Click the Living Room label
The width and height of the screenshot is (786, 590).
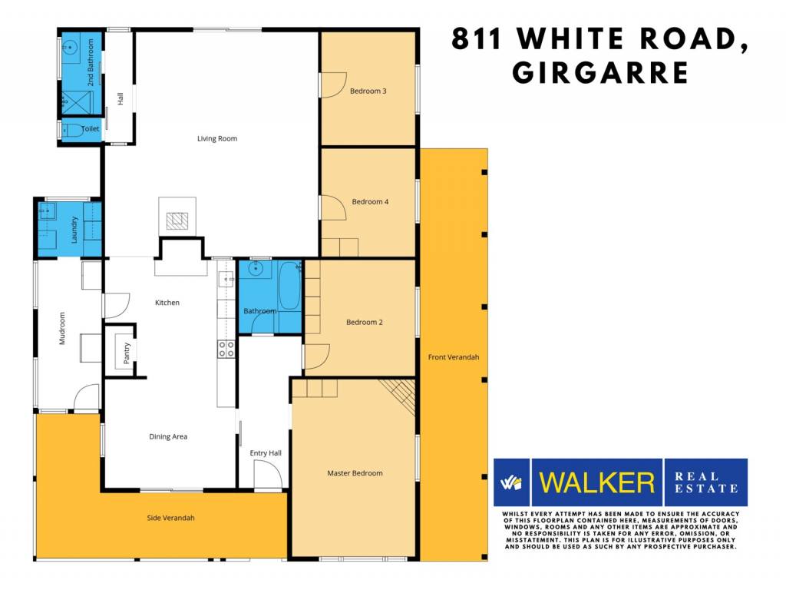point(217,138)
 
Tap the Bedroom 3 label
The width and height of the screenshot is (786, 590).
point(368,91)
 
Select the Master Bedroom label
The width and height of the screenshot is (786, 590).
point(355,473)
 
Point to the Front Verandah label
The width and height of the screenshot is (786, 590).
point(454,357)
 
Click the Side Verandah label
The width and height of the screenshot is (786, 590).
point(170,518)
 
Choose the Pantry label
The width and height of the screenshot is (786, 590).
point(127,353)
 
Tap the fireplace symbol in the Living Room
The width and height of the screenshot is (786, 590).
point(177,220)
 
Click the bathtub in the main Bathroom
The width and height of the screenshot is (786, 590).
point(289,286)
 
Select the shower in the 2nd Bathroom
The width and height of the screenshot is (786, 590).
point(78,104)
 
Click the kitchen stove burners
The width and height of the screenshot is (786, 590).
point(226,350)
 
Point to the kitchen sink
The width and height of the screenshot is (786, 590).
point(226,279)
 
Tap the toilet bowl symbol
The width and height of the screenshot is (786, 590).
point(72,131)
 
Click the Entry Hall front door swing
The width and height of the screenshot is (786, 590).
point(268,475)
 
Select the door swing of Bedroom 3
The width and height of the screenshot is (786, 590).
point(333,85)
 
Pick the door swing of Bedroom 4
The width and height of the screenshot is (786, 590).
point(333,207)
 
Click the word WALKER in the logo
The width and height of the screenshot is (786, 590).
point(597,482)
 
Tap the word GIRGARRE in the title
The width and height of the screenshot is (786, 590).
point(600,73)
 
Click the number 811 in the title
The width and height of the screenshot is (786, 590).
point(476,38)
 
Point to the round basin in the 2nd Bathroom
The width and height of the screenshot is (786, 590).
point(70,48)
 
